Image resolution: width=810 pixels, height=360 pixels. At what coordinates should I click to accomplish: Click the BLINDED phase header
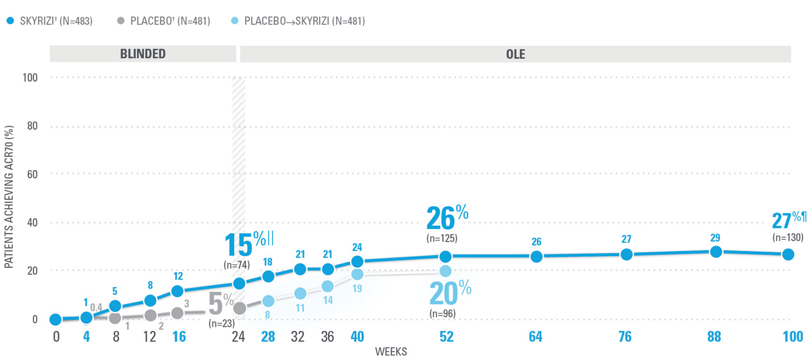[143, 54]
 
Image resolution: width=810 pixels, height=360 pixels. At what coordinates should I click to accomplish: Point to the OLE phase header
[516, 54]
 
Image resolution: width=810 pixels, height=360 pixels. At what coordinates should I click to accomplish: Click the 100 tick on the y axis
[30, 78]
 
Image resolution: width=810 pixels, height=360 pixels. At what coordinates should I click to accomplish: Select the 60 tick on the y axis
[32, 174]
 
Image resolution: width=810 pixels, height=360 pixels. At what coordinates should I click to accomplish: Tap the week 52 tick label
[445, 337]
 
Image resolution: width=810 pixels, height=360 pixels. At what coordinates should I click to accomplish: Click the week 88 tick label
[714, 337]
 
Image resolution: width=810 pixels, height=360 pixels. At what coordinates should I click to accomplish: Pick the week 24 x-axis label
[239, 337]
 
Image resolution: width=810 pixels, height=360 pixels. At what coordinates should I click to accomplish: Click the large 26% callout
[447, 219]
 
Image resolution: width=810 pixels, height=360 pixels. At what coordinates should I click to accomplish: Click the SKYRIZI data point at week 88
[716, 252]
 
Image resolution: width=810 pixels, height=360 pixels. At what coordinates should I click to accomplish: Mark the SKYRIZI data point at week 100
[788, 254]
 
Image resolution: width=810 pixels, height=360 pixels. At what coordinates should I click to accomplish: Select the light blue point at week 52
[445, 271]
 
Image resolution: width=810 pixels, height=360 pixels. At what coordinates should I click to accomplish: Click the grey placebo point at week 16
[178, 313]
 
